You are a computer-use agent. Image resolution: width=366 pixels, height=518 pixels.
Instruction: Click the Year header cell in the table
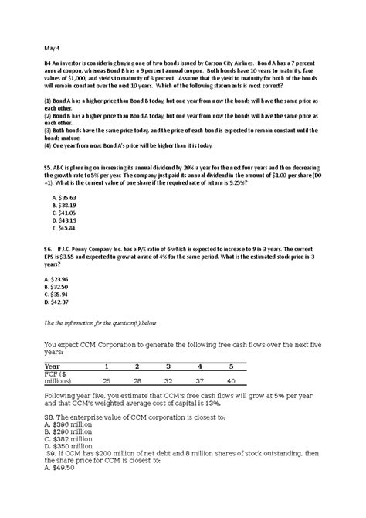[x=53, y=366]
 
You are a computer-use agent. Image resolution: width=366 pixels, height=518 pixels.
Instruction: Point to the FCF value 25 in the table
[x=106, y=381]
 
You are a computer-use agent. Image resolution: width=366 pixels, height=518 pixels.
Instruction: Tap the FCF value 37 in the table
[x=199, y=381]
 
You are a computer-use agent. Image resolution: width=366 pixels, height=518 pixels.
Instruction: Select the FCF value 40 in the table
[x=230, y=381]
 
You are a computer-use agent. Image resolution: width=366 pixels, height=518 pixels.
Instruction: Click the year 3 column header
[x=168, y=366]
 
